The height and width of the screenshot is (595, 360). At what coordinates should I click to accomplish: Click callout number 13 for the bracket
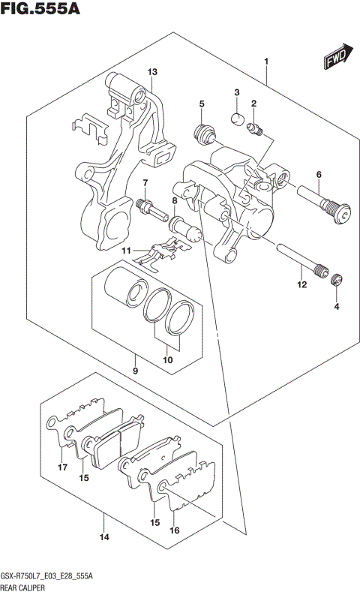click(x=152, y=72)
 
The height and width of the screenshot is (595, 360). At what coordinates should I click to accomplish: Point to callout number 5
click(x=202, y=104)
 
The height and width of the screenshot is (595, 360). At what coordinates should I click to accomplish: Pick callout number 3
click(x=236, y=93)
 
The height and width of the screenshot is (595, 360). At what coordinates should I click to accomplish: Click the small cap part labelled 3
click(x=236, y=117)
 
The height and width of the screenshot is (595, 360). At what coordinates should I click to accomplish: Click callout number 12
click(x=301, y=284)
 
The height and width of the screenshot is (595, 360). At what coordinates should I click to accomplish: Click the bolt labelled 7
click(x=151, y=207)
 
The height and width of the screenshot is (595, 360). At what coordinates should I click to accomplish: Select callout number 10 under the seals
click(x=169, y=359)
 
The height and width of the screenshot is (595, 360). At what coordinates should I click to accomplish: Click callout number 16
click(x=175, y=530)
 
